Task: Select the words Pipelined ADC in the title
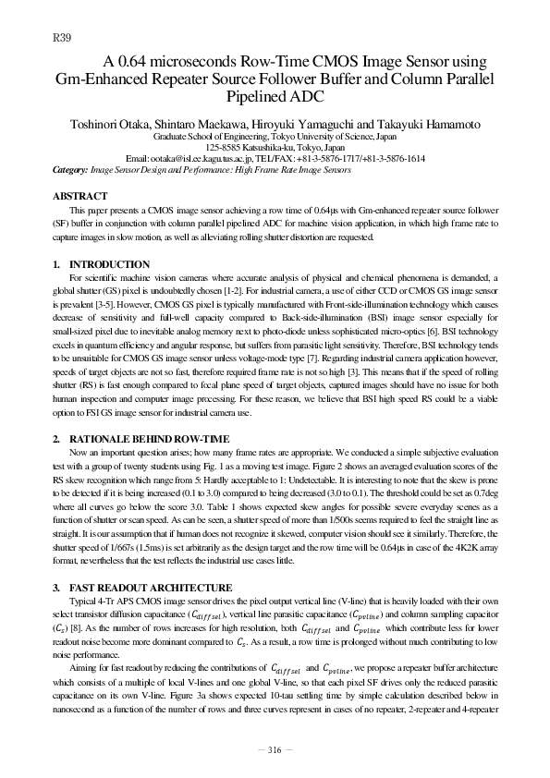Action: point(275,95)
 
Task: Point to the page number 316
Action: point(275,749)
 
